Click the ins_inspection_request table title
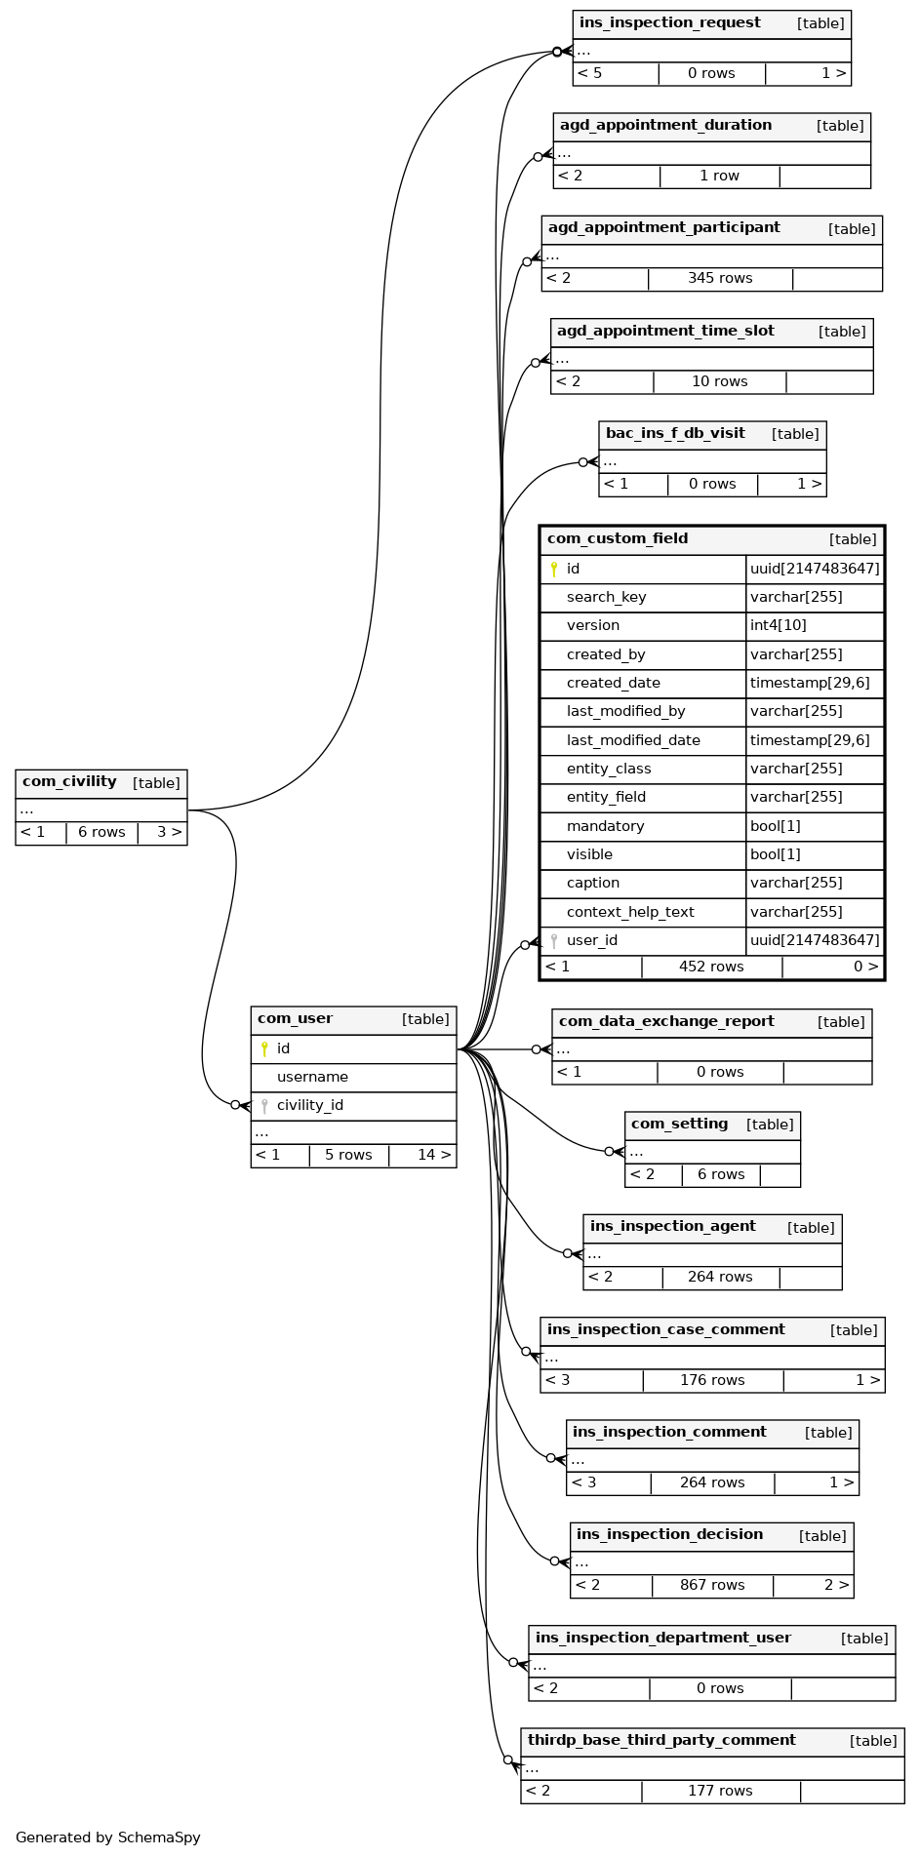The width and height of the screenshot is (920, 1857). (669, 23)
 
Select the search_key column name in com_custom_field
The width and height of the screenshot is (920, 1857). (606, 597)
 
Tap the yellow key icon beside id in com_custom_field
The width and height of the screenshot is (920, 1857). (554, 569)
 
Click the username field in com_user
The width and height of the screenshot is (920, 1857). (312, 1077)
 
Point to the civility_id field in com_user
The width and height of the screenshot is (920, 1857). (309, 1105)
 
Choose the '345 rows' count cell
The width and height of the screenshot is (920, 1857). (720, 278)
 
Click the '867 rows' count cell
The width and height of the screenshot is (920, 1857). (712, 1585)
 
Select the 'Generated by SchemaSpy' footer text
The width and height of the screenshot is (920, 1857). (107, 1837)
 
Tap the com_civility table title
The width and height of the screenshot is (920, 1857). (69, 782)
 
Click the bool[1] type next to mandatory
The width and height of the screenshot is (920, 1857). (775, 826)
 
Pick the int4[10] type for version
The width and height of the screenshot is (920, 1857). (778, 625)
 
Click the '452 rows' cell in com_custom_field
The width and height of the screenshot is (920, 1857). (711, 967)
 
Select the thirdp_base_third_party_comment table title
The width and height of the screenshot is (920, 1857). (661, 1740)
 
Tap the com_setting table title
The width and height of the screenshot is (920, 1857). (679, 1124)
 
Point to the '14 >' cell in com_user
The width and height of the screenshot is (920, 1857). (434, 1155)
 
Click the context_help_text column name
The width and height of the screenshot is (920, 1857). (630, 912)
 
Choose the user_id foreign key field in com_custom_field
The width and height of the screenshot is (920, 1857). (591, 940)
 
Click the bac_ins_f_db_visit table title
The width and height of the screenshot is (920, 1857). (675, 433)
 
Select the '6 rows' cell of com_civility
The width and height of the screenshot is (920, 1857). (101, 832)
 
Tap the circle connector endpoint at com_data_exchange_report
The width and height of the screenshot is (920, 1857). (536, 1049)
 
